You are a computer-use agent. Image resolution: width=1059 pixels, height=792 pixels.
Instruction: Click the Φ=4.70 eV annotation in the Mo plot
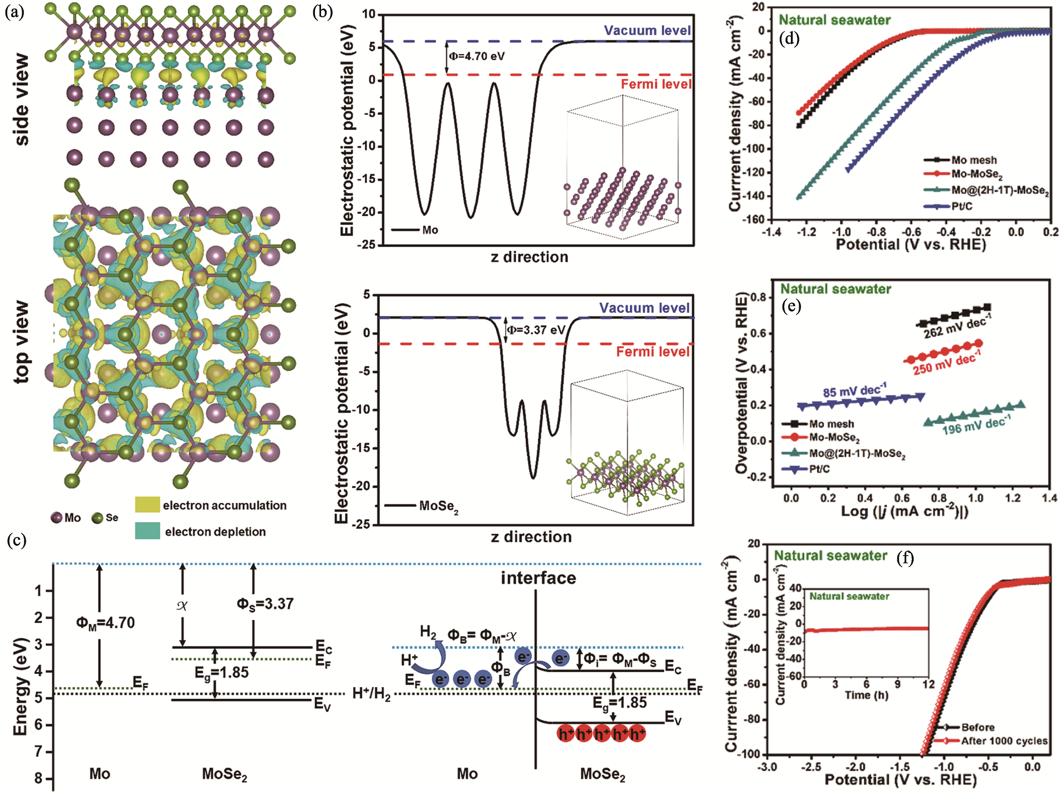pyautogui.click(x=477, y=56)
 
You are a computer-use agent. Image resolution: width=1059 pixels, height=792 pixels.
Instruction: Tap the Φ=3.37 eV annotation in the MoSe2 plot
pyautogui.click(x=536, y=330)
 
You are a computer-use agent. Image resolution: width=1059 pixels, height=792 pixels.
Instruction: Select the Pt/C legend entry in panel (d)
pyautogui.click(x=961, y=206)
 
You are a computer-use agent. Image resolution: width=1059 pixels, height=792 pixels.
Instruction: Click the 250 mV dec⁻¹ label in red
pyautogui.click(x=946, y=363)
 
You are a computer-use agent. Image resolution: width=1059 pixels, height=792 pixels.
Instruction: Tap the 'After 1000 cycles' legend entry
pyautogui.click(x=1004, y=741)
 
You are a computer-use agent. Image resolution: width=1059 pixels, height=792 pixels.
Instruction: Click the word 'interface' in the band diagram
pyautogui.click(x=538, y=578)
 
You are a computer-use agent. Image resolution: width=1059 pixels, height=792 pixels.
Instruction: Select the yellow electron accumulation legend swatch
pyautogui.click(x=147, y=505)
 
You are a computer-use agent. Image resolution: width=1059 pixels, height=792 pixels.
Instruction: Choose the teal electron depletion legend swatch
pyautogui.click(x=147, y=531)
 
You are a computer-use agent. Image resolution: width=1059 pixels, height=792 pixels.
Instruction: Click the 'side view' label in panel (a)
pyautogui.click(x=21, y=99)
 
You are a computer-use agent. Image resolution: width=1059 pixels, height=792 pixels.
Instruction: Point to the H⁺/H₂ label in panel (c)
pyautogui.click(x=371, y=694)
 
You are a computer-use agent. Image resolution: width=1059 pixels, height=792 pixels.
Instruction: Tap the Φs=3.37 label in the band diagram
pyautogui.click(x=265, y=603)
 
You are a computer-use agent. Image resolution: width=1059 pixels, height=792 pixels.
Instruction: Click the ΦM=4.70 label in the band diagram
pyautogui.click(x=105, y=622)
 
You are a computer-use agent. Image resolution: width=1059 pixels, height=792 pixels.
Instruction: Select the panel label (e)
pyautogui.click(x=791, y=306)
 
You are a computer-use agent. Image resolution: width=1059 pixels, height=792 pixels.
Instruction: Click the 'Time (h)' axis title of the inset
pyautogui.click(x=866, y=695)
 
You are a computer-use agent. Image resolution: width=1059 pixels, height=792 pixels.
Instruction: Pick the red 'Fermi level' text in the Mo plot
pyautogui.click(x=656, y=84)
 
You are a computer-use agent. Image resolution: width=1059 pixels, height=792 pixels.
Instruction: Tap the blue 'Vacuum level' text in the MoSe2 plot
pyautogui.click(x=644, y=308)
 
